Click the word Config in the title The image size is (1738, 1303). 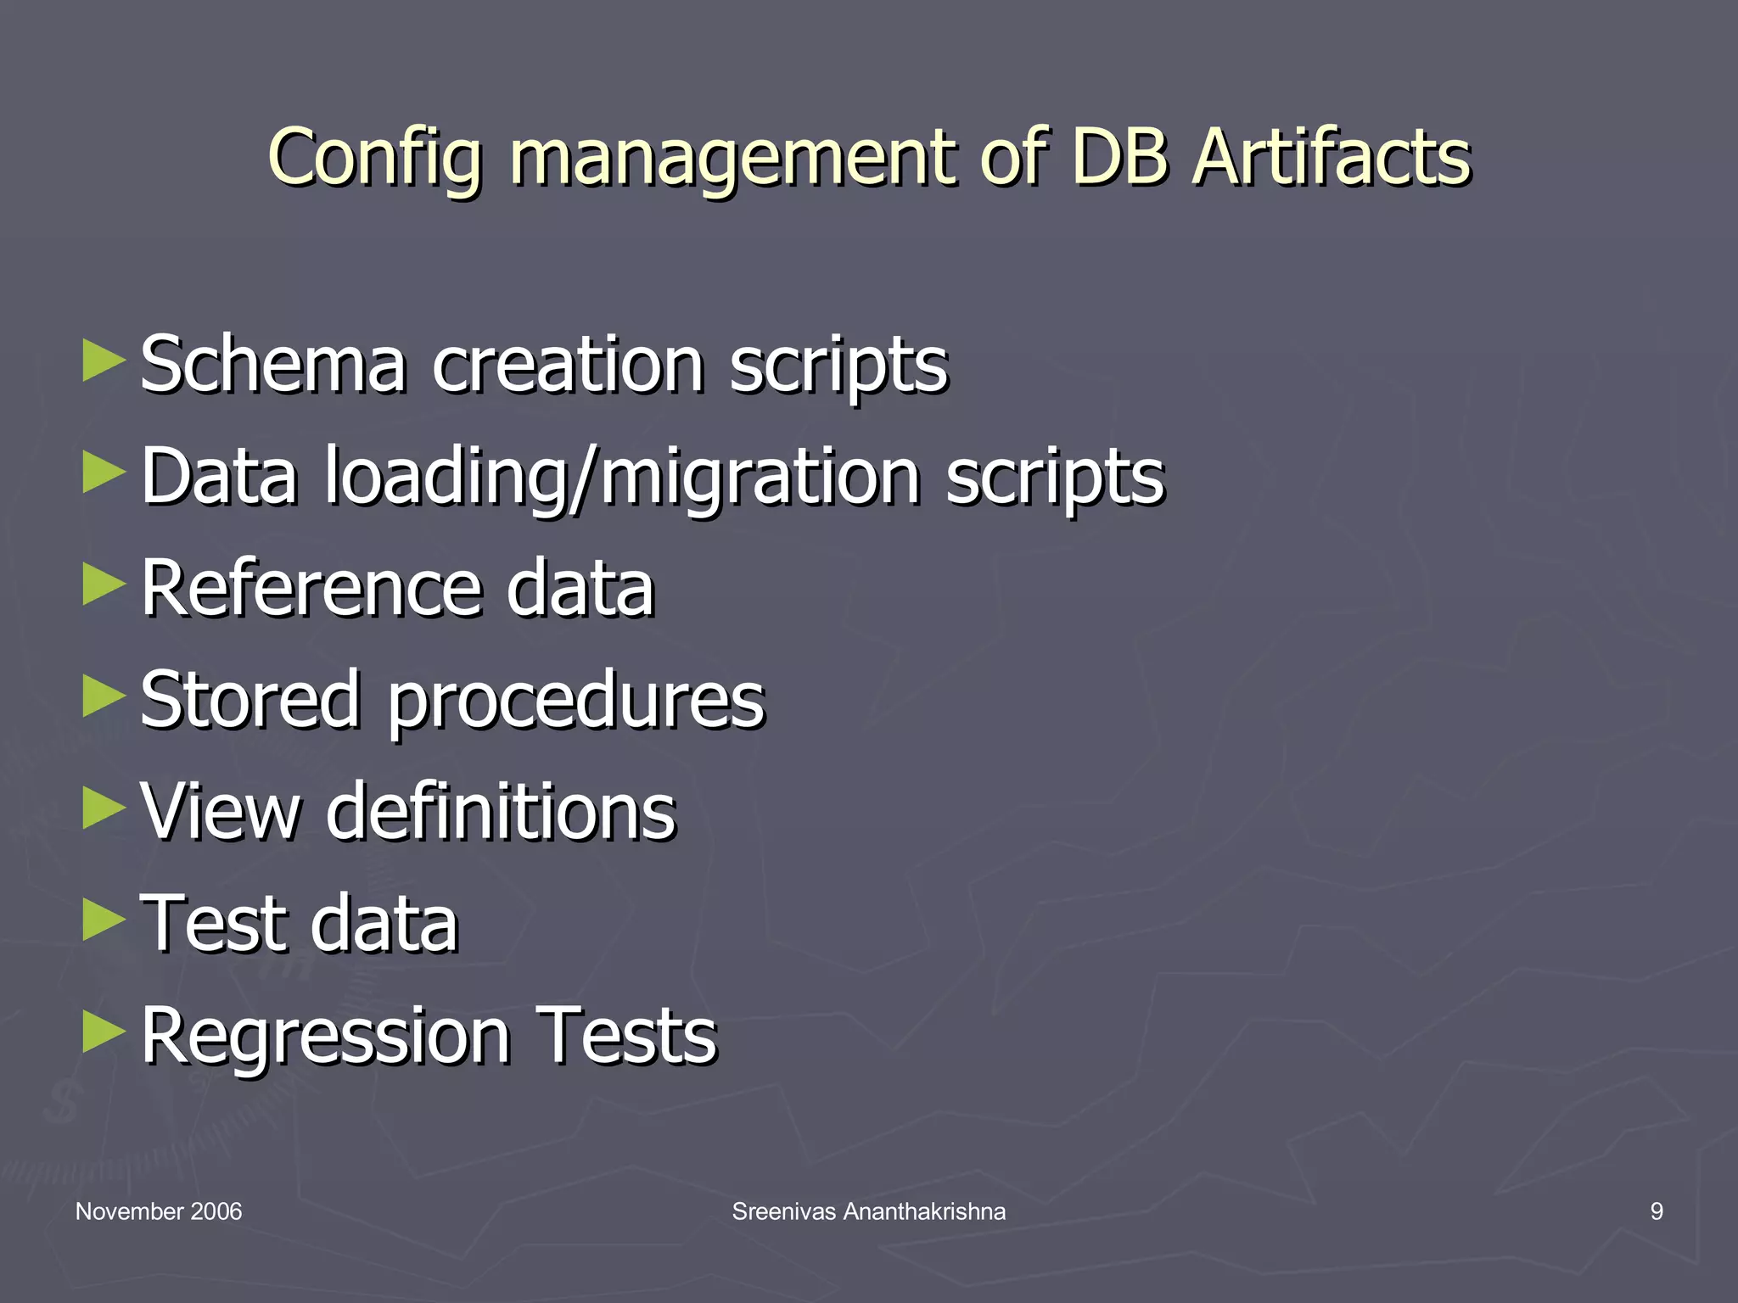pyautogui.click(x=377, y=158)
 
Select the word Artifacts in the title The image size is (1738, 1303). pyautogui.click(x=1331, y=158)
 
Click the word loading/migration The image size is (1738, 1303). pyautogui.click(x=623, y=477)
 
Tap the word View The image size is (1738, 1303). pyautogui.click(x=220, y=812)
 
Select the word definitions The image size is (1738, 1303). pyautogui.click(x=501, y=812)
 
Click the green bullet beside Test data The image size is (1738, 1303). pyautogui.click(x=104, y=920)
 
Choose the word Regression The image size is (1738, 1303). pyautogui.click(x=326, y=1037)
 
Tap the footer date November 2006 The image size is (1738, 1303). pyautogui.click(x=159, y=1211)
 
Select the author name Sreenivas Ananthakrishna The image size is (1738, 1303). pyautogui.click(x=869, y=1211)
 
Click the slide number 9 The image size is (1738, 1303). pyautogui.click(x=1657, y=1211)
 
